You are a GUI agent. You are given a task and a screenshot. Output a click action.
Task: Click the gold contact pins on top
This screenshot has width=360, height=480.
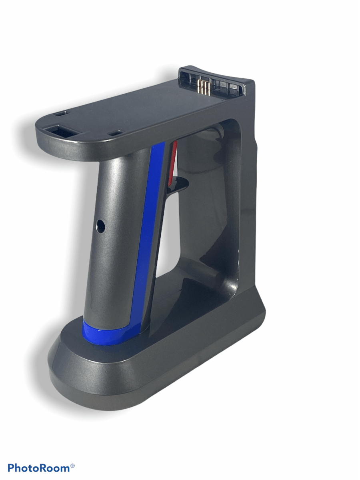[x=204, y=87]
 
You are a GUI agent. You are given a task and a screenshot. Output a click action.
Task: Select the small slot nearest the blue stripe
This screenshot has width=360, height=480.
[x=115, y=132]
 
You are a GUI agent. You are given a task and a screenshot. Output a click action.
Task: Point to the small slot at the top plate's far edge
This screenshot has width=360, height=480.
[x=60, y=114]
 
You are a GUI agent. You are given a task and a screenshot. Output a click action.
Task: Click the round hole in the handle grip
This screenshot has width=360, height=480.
[x=100, y=226]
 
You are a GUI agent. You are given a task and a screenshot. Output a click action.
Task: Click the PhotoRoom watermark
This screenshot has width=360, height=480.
[x=41, y=468]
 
